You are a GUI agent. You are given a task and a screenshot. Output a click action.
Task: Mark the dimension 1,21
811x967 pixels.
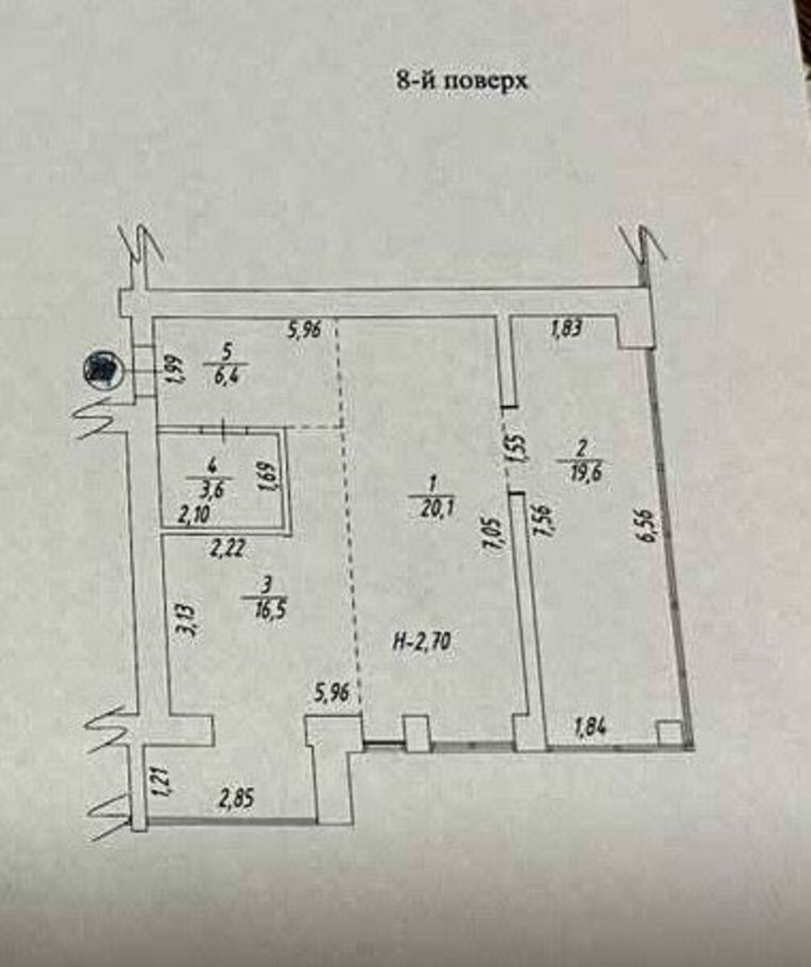click(159, 782)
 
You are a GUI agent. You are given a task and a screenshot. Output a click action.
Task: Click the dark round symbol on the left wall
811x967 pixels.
click(101, 371)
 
